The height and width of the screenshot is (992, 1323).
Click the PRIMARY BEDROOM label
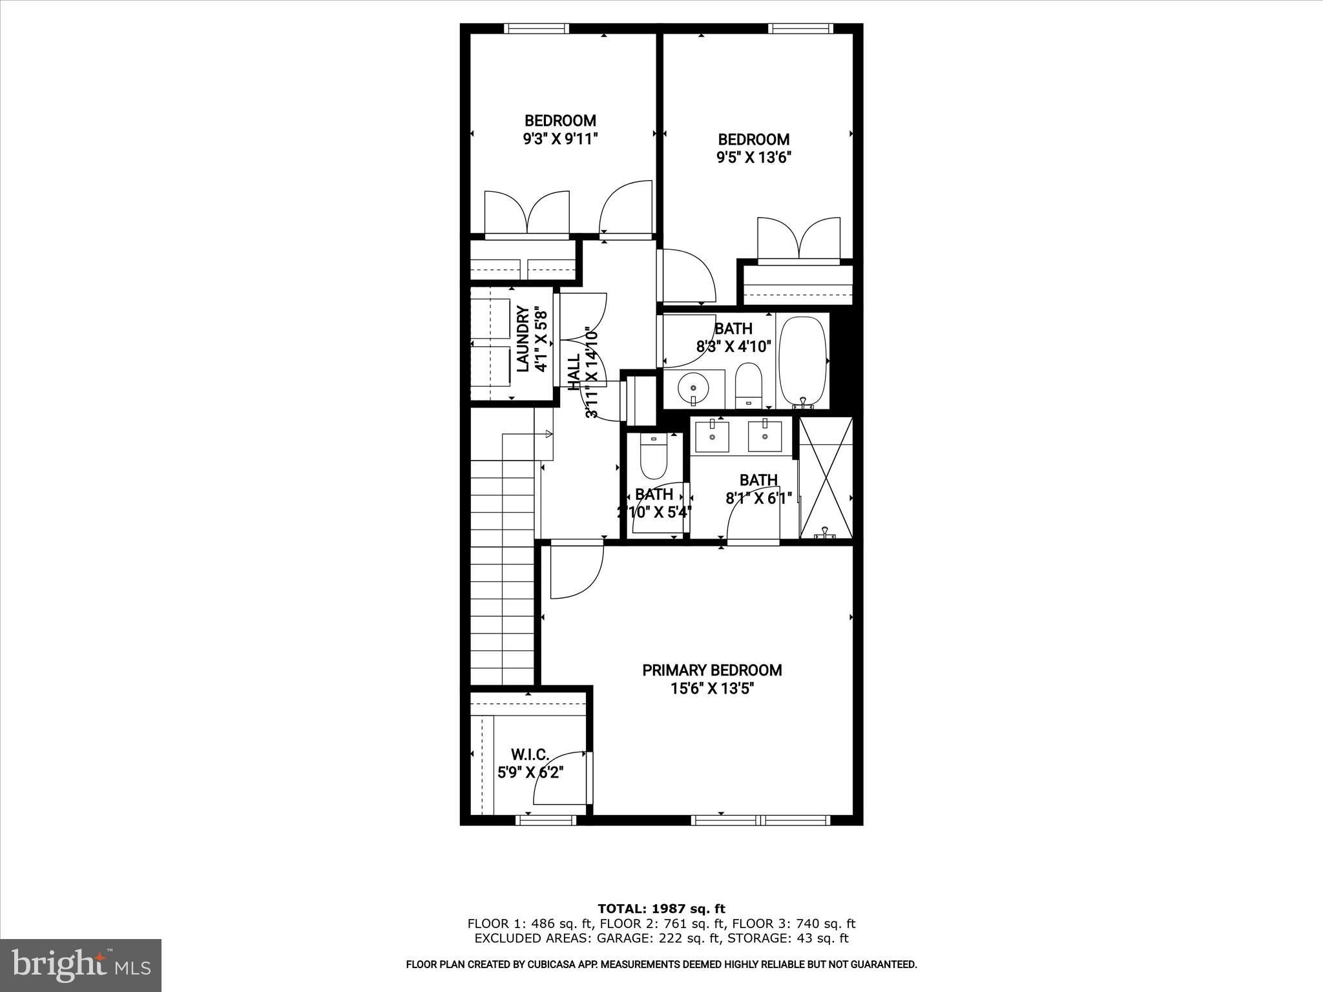click(712, 670)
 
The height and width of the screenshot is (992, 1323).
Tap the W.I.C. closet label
click(530, 754)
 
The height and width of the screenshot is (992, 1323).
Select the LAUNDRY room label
click(523, 340)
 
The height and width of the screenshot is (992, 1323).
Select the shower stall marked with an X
click(826, 478)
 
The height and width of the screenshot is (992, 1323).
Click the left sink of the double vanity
click(712, 436)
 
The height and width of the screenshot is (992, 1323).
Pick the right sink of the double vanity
click(765, 436)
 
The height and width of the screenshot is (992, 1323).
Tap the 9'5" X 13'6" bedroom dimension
click(754, 157)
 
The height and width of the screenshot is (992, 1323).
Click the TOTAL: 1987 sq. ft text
click(661, 909)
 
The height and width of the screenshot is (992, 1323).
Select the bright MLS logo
click(81, 965)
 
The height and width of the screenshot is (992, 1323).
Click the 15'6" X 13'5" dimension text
click(712, 689)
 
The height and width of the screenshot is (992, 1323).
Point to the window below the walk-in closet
click(546, 820)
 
